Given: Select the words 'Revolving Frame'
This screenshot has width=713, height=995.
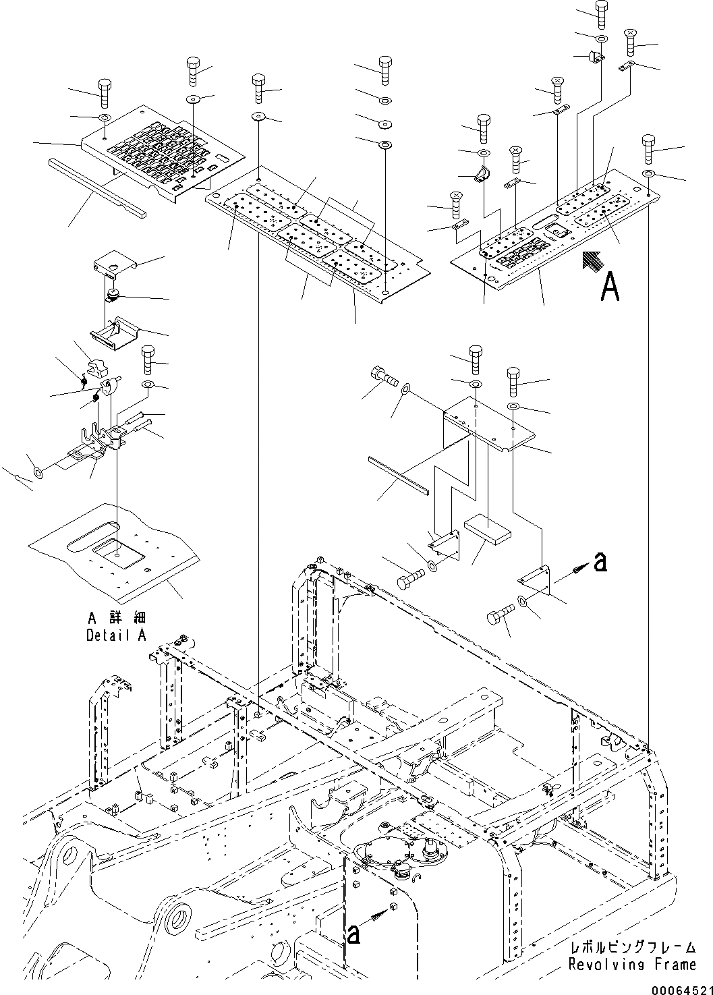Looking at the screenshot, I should pyautogui.click(x=632, y=965).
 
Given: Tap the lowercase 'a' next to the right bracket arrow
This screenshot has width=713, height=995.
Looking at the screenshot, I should pyautogui.click(x=600, y=561).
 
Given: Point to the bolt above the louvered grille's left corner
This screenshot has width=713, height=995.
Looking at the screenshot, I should pyautogui.click(x=105, y=92).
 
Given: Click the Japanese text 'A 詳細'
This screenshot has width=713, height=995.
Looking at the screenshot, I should pyautogui.click(x=116, y=618).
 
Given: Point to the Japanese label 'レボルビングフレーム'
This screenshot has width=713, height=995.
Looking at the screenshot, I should pyautogui.click(x=632, y=948).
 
